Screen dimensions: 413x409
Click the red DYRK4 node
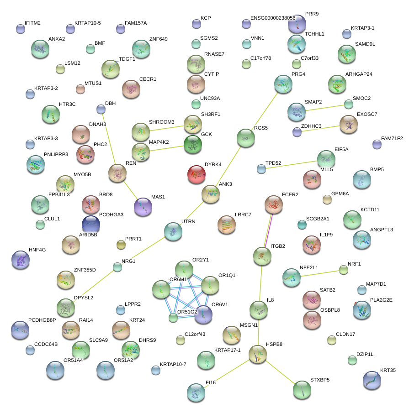[x=197, y=174]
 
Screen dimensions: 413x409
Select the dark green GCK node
[x=192, y=144]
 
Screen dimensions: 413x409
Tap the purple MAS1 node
[x=143, y=206]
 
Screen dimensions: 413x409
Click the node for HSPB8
[x=257, y=354]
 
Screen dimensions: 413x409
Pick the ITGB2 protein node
[x=262, y=256]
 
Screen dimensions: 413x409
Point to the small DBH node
[x=101, y=109]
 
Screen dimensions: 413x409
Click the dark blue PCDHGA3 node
[x=90, y=224]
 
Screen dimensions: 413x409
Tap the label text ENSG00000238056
[x=273, y=18]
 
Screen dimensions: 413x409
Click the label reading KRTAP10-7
[x=173, y=364]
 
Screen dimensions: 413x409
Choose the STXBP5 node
[x=302, y=389]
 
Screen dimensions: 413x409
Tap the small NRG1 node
[x=117, y=267]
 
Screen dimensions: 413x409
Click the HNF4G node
[x=20, y=260]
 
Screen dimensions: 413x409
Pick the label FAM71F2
[x=392, y=138]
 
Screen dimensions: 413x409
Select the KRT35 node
[x=372, y=380]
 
